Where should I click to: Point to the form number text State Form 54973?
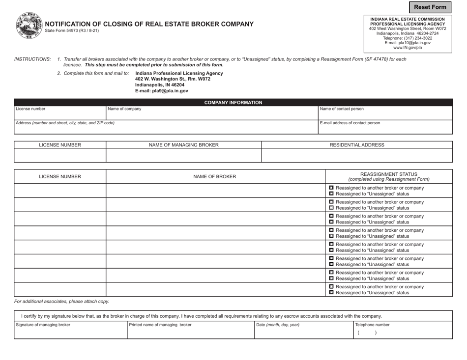coord(72,31)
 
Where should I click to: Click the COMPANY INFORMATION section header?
coord(233,102)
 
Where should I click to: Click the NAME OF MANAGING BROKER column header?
coord(183,145)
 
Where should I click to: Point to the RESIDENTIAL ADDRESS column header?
coord(357,145)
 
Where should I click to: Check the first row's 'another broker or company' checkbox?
coord(331,188)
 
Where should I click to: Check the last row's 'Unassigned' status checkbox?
coord(331,293)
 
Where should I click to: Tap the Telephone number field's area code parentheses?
coord(367,332)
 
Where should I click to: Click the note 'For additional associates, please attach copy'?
coord(61,302)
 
